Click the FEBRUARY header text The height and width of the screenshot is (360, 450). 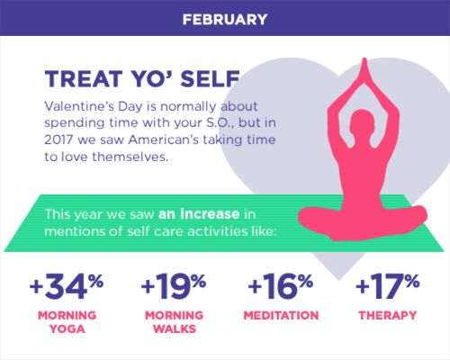click(225, 20)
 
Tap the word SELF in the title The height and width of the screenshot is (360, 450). click(210, 79)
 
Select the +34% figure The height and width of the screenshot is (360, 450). click(67, 286)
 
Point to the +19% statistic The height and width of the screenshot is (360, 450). click(174, 286)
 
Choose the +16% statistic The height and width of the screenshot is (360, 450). click(281, 286)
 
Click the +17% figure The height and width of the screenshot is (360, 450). click(387, 286)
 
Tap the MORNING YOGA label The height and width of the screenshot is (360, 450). click(67, 322)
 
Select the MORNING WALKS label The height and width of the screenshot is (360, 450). click(175, 322)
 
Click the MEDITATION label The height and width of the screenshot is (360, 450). click(281, 316)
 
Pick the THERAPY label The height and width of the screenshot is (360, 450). click(388, 316)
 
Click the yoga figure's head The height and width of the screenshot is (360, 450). click(363, 123)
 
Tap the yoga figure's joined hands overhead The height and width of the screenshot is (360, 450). click(364, 70)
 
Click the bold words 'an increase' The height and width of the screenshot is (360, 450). click(199, 214)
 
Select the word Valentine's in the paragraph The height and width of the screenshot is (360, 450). click(78, 106)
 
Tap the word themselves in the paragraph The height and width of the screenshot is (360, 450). click(130, 157)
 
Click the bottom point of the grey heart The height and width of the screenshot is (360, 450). click(339, 280)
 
